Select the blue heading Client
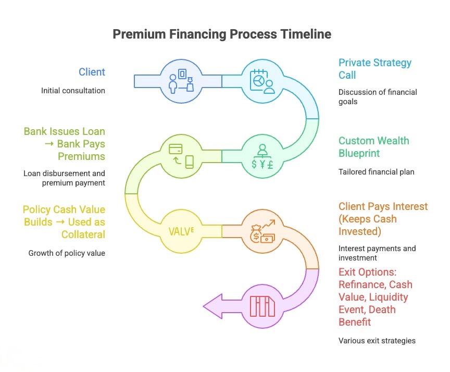click(x=92, y=72)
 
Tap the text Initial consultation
click(x=73, y=91)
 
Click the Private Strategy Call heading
click(x=375, y=69)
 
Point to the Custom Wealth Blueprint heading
click(x=374, y=147)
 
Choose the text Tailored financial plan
click(x=377, y=171)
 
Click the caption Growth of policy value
click(x=67, y=253)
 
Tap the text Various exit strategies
click(x=377, y=341)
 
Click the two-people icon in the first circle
click(x=181, y=81)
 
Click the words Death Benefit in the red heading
click(x=367, y=316)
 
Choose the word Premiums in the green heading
click(x=82, y=156)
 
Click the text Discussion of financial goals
click(x=378, y=97)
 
